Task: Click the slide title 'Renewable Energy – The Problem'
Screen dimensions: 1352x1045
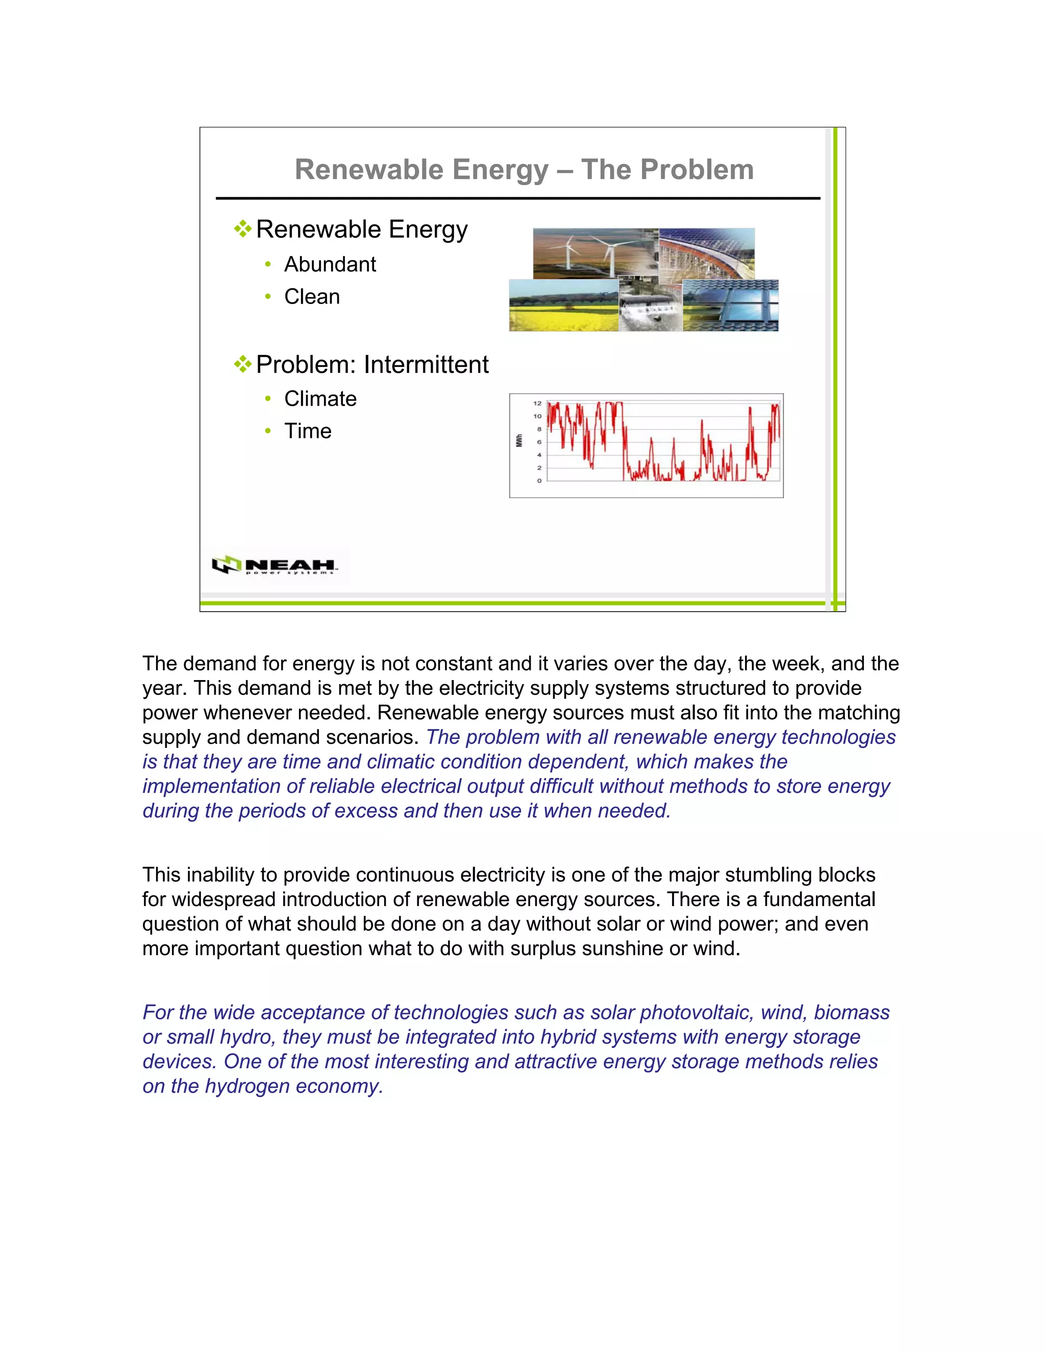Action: [x=524, y=169]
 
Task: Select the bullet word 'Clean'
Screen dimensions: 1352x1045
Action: [x=311, y=296]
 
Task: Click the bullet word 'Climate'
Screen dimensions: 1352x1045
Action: [x=320, y=398]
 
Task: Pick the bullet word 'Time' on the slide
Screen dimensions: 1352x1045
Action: [x=308, y=431]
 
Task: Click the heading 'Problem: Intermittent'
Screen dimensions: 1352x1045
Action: [x=371, y=365]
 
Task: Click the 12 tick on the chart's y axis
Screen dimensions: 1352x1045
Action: [x=537, y=403]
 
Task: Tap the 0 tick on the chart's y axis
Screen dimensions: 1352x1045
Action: [x=539, y=481]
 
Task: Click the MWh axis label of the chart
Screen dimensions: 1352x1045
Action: [x=519, y=441]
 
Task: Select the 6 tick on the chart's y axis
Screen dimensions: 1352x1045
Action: [x=539, y=442]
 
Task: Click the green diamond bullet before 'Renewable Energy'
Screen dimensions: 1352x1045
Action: [x=243, y=229]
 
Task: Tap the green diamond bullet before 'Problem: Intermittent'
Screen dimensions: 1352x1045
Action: [x=243, y=364]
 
